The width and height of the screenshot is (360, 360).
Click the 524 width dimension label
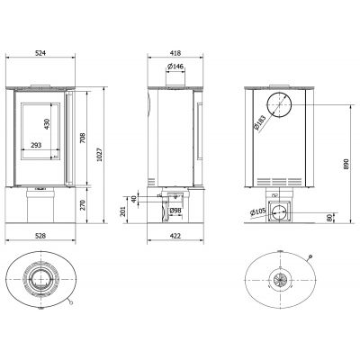pyautogui.click(x=40, y=53)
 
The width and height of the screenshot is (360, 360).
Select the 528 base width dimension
pyautogui.click(x=40, y=236)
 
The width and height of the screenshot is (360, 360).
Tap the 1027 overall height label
pyautogui.click(x=100, y=154)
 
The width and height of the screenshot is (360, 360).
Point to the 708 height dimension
pyautogui.click(x=83, y=138)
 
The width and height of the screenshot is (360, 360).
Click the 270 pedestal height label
pyautogui.click(x=83, y=205)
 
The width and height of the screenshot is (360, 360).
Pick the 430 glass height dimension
pyautogui.click(x=46, y=124)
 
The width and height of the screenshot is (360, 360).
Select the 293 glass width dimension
pyautogui.click(x=36, y=145)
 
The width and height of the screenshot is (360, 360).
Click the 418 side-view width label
pyautogui.click(x=175, y=53)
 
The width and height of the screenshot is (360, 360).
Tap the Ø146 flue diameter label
pyautogui.click(x=175, y=67)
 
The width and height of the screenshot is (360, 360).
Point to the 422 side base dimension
pyautogui.click(x=175, y=236)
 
